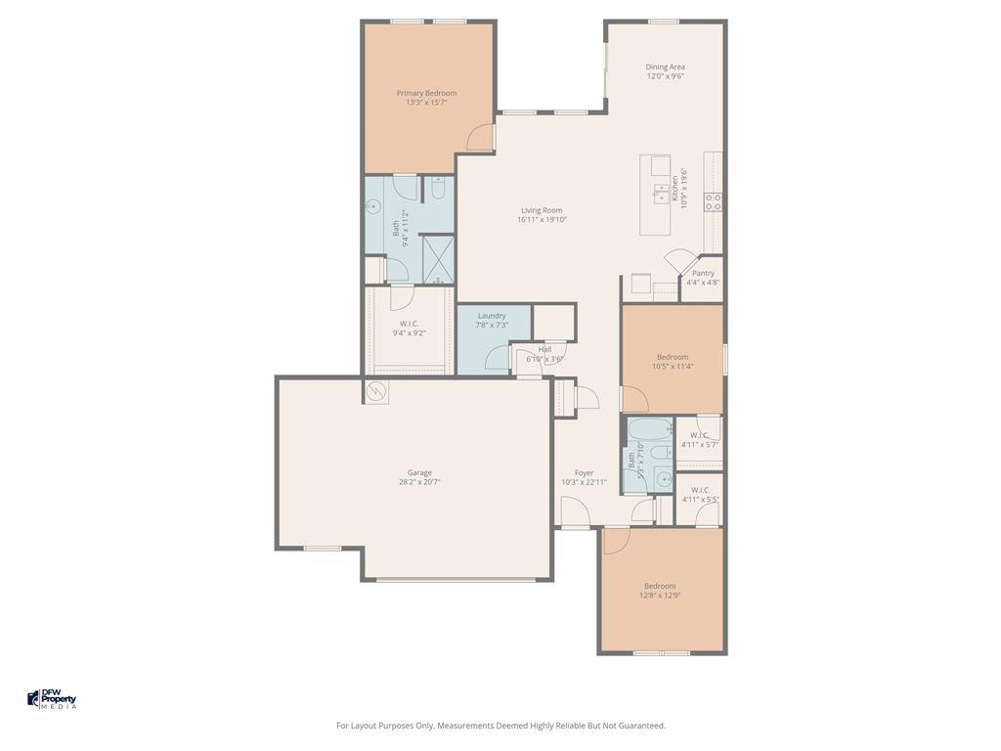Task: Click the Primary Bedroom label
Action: pyautogui.click(x=426, y=93)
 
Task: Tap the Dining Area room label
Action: pyautogui.click(x=665, y=66)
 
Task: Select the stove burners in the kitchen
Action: pyautogui.click(x=714, y=201)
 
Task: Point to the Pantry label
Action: pyautogui.click(x=703, y=273)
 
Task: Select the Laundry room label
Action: pyautogui.click(x=492, y=315)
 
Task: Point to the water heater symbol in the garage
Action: pyautogui.click(x=376, y=392)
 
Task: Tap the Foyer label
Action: pyautogui.click(x=584, y=472)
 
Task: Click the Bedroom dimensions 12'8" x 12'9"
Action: pyautogui.click(x=660, y=596)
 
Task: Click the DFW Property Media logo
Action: pyautogui.click(x=52, y=699)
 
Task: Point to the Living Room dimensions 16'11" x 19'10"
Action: pyautogui.click(x=542, y=220)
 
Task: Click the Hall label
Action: pyautogui.click(x=544, y=349)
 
